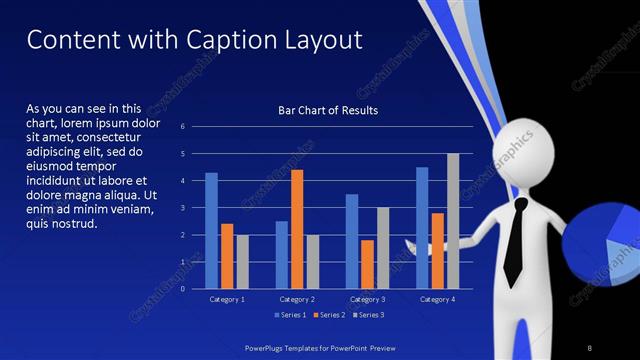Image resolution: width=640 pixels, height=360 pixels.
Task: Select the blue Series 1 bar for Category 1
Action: coord(211,230)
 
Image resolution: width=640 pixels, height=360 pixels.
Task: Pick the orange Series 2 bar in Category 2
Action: coord(297,229)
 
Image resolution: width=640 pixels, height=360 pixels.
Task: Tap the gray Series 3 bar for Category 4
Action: coord(453,221)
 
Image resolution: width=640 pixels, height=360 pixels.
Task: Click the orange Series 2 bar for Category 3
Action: coord(367,264)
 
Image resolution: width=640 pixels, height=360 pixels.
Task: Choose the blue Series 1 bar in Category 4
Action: coord(422,227)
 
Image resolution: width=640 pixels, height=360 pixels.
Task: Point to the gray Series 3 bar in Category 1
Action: coord(242,261)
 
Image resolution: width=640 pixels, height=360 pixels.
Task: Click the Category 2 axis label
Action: coord(297,299)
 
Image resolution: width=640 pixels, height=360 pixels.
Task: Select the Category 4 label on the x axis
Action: coord(437,299)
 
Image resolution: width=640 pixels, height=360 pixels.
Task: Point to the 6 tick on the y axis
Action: coord(182,127)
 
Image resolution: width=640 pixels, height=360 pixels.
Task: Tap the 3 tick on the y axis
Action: coord(182,208)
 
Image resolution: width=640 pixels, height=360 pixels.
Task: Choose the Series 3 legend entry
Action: coord(367,315)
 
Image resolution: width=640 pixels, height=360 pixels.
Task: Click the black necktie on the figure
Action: coord(515,240)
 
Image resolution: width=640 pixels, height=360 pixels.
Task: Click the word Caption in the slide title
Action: coord(228,40)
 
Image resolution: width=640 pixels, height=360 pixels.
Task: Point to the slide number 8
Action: coord(590,347)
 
